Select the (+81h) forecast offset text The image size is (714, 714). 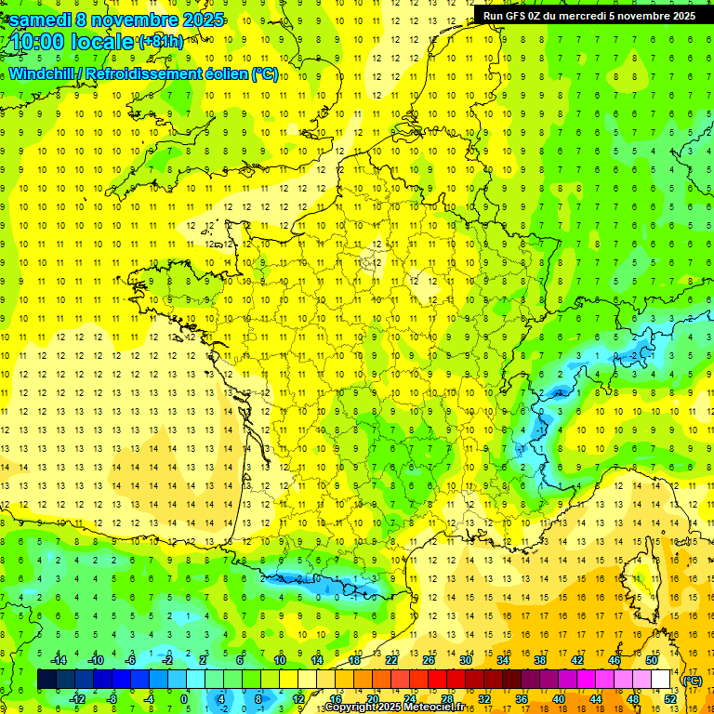(161, 43)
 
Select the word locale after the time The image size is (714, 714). (101, 43)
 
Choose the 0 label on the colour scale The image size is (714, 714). (184, 698)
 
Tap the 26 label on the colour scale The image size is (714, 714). (429, 660)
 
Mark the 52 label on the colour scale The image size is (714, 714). (670, 698)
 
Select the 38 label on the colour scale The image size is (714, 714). (539, 660)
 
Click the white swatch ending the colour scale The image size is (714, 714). (661, 680)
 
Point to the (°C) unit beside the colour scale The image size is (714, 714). (692, 680)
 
